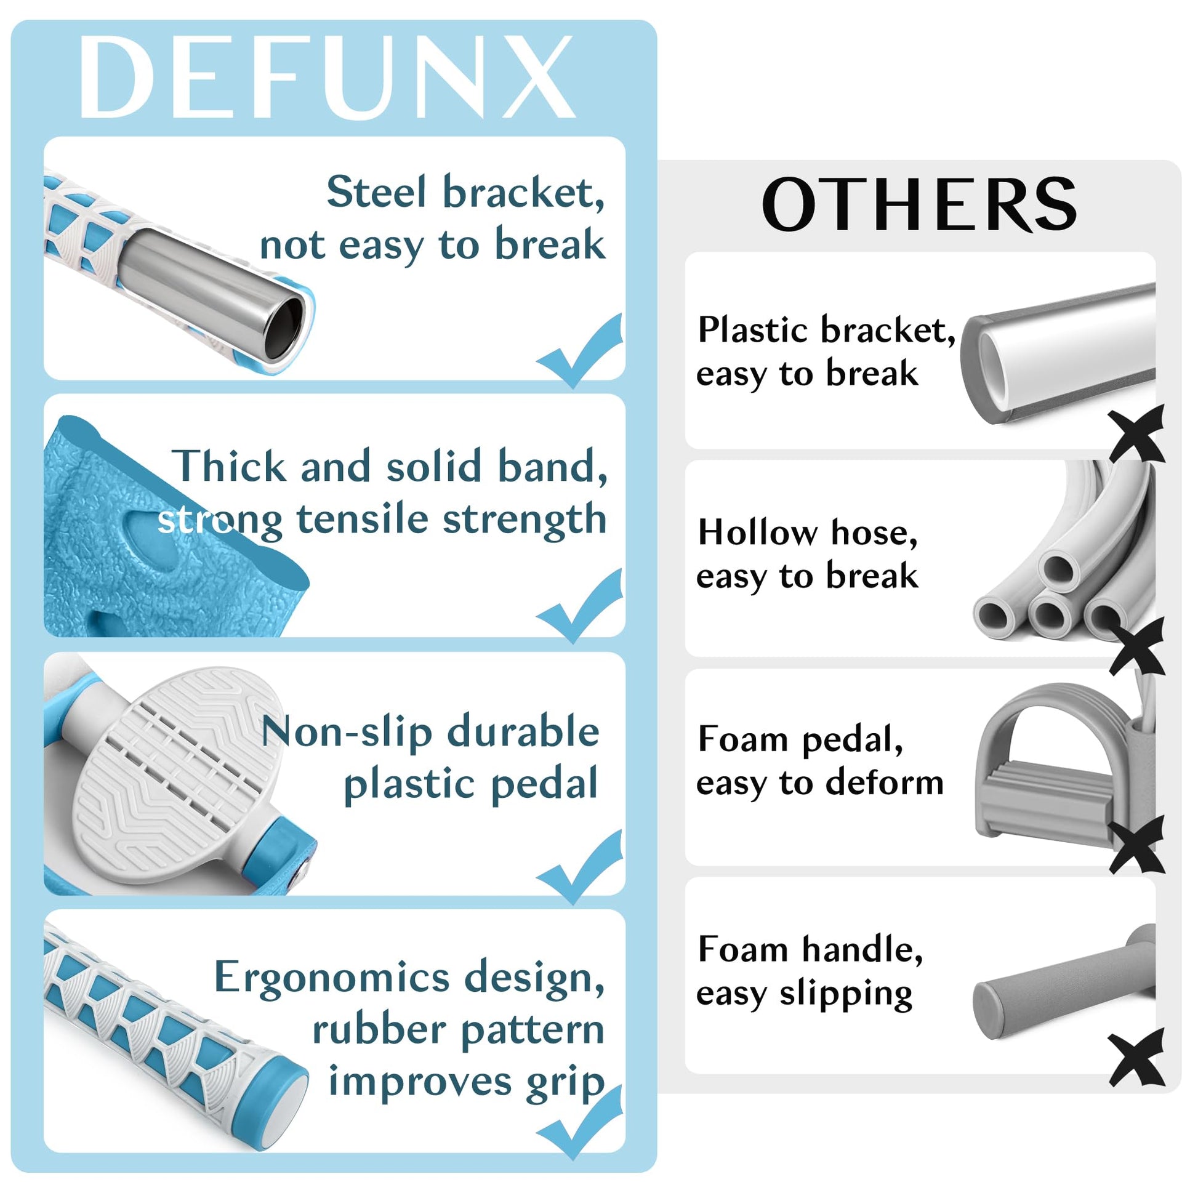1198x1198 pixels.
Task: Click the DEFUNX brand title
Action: point(327,76)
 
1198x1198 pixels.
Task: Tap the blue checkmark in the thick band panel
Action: point(579,606)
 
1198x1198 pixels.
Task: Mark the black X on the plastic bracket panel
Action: point(1136,433)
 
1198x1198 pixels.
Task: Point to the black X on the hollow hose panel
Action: point(1136,646)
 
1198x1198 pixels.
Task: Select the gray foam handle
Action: point(1063,985)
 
